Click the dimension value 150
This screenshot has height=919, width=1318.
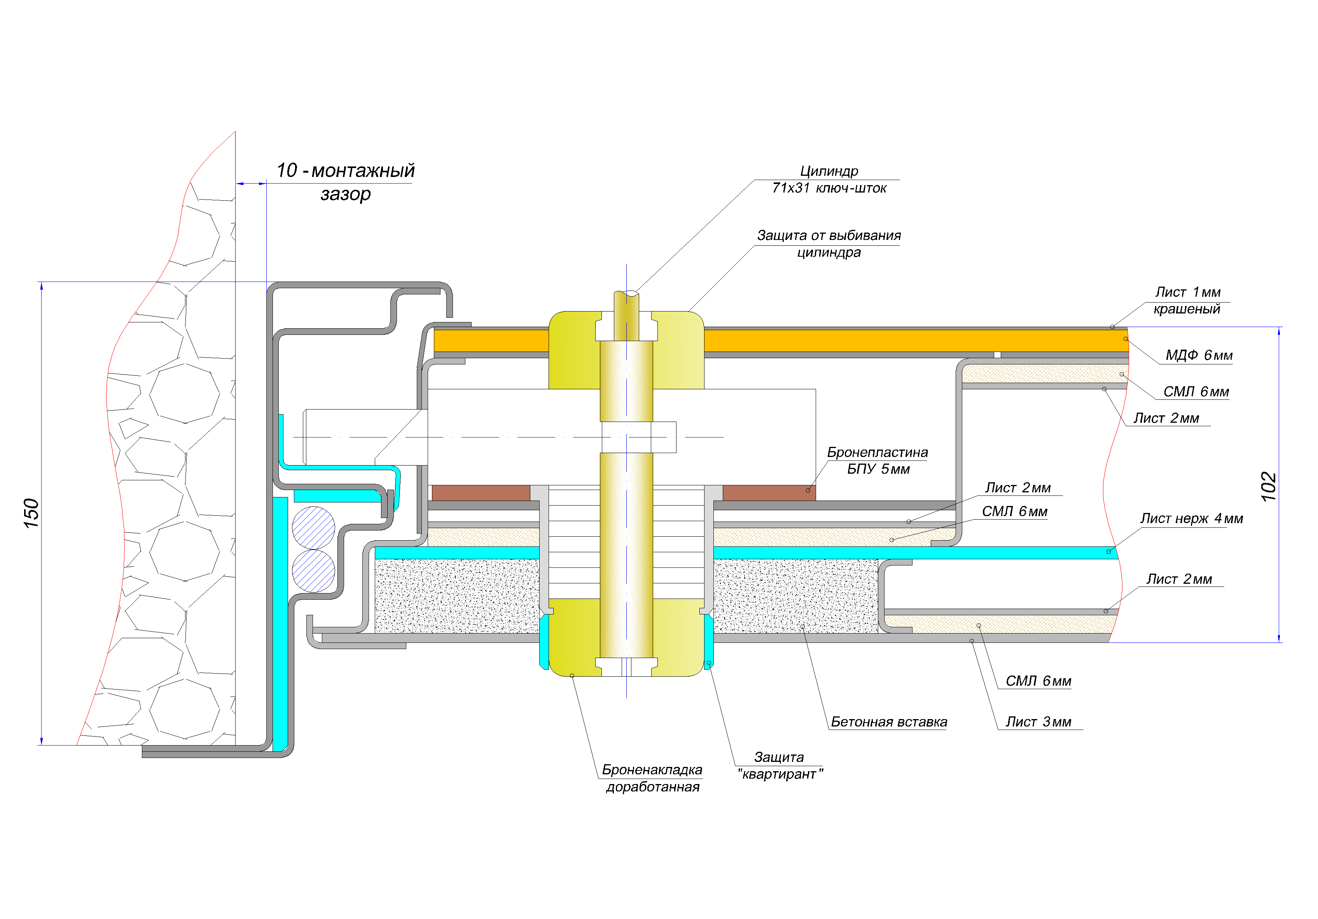tap(31, 513)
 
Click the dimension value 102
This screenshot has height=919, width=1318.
tap(1268, 486)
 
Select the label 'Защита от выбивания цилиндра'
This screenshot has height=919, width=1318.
tap(829, 243)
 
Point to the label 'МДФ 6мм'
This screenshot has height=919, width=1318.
tap(1199, 355)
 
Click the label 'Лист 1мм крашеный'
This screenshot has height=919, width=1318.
tap(1187, 300)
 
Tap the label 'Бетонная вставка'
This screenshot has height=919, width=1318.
tap(889, 721)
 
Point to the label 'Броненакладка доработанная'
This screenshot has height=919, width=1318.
tap(652, 778)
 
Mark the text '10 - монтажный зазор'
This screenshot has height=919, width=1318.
tap(346, 182)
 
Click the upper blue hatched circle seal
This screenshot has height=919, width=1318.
tap(313, 527)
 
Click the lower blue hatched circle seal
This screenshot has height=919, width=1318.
tap(313, 571)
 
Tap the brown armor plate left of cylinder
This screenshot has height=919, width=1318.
tap(481, 493)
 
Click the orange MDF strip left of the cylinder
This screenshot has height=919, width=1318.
tap(491, 341)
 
